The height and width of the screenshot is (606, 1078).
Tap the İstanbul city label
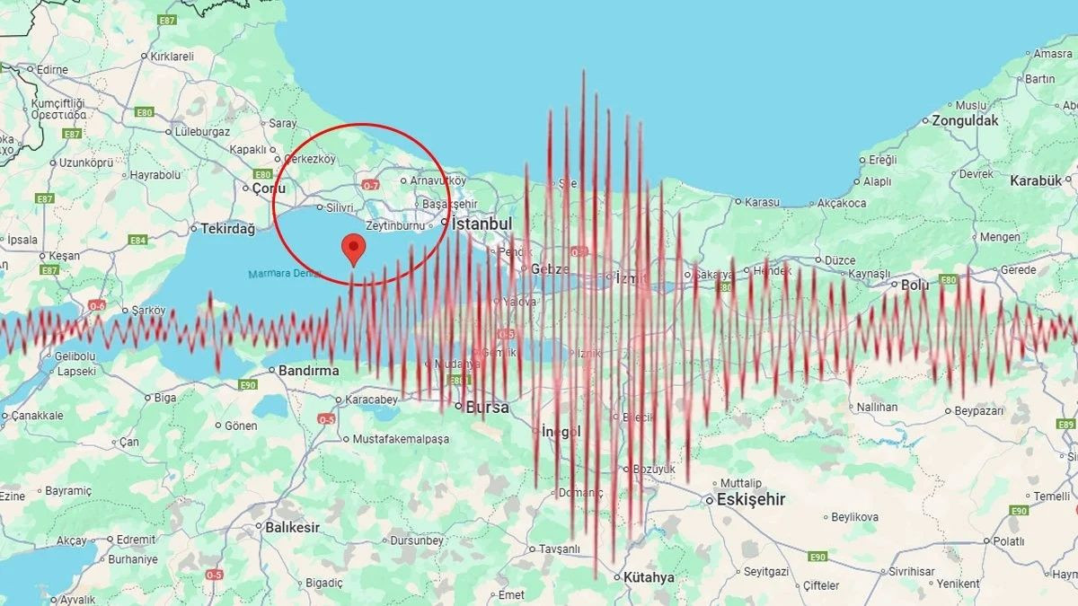coord(482,224)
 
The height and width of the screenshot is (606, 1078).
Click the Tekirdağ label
coord(227,229)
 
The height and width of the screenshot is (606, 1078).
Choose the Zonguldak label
coord(965,120)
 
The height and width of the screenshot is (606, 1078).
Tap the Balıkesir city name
coord(292,527)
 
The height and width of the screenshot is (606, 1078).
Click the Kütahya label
coord(649,577)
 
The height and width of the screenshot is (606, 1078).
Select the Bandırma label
coord(308,370)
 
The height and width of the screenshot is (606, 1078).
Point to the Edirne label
coord(52,69)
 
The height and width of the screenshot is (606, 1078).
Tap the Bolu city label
coord(915,285)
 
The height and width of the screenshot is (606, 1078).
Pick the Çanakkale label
coord(36,416)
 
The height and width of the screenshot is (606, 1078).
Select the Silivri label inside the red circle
coord(340,207)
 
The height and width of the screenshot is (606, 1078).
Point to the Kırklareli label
coord(172,56)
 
